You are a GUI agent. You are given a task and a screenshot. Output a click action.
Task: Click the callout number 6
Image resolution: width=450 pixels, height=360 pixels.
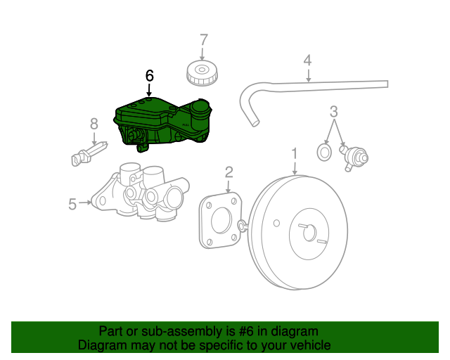pos(149,75)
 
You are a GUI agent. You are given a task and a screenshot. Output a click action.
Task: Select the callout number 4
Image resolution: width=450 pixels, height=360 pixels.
pos(307,60)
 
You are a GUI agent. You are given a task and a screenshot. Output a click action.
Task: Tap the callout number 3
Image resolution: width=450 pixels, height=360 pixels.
pos(334,111)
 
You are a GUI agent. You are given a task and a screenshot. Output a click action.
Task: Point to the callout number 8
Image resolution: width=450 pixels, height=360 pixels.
pos(94,124)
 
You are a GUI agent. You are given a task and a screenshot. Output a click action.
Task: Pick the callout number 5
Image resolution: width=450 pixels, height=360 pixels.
pos(72,204)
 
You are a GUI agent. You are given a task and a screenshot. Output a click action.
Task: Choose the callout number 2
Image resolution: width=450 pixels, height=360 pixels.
pos(229,172)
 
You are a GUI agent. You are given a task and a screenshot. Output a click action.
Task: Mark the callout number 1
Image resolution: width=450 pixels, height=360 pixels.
pos(295,153)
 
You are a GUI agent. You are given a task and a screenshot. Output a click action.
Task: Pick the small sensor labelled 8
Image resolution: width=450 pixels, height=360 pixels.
pos(89,153)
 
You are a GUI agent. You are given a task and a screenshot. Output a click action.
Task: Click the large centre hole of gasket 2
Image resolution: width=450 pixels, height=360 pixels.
pos(222,219)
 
